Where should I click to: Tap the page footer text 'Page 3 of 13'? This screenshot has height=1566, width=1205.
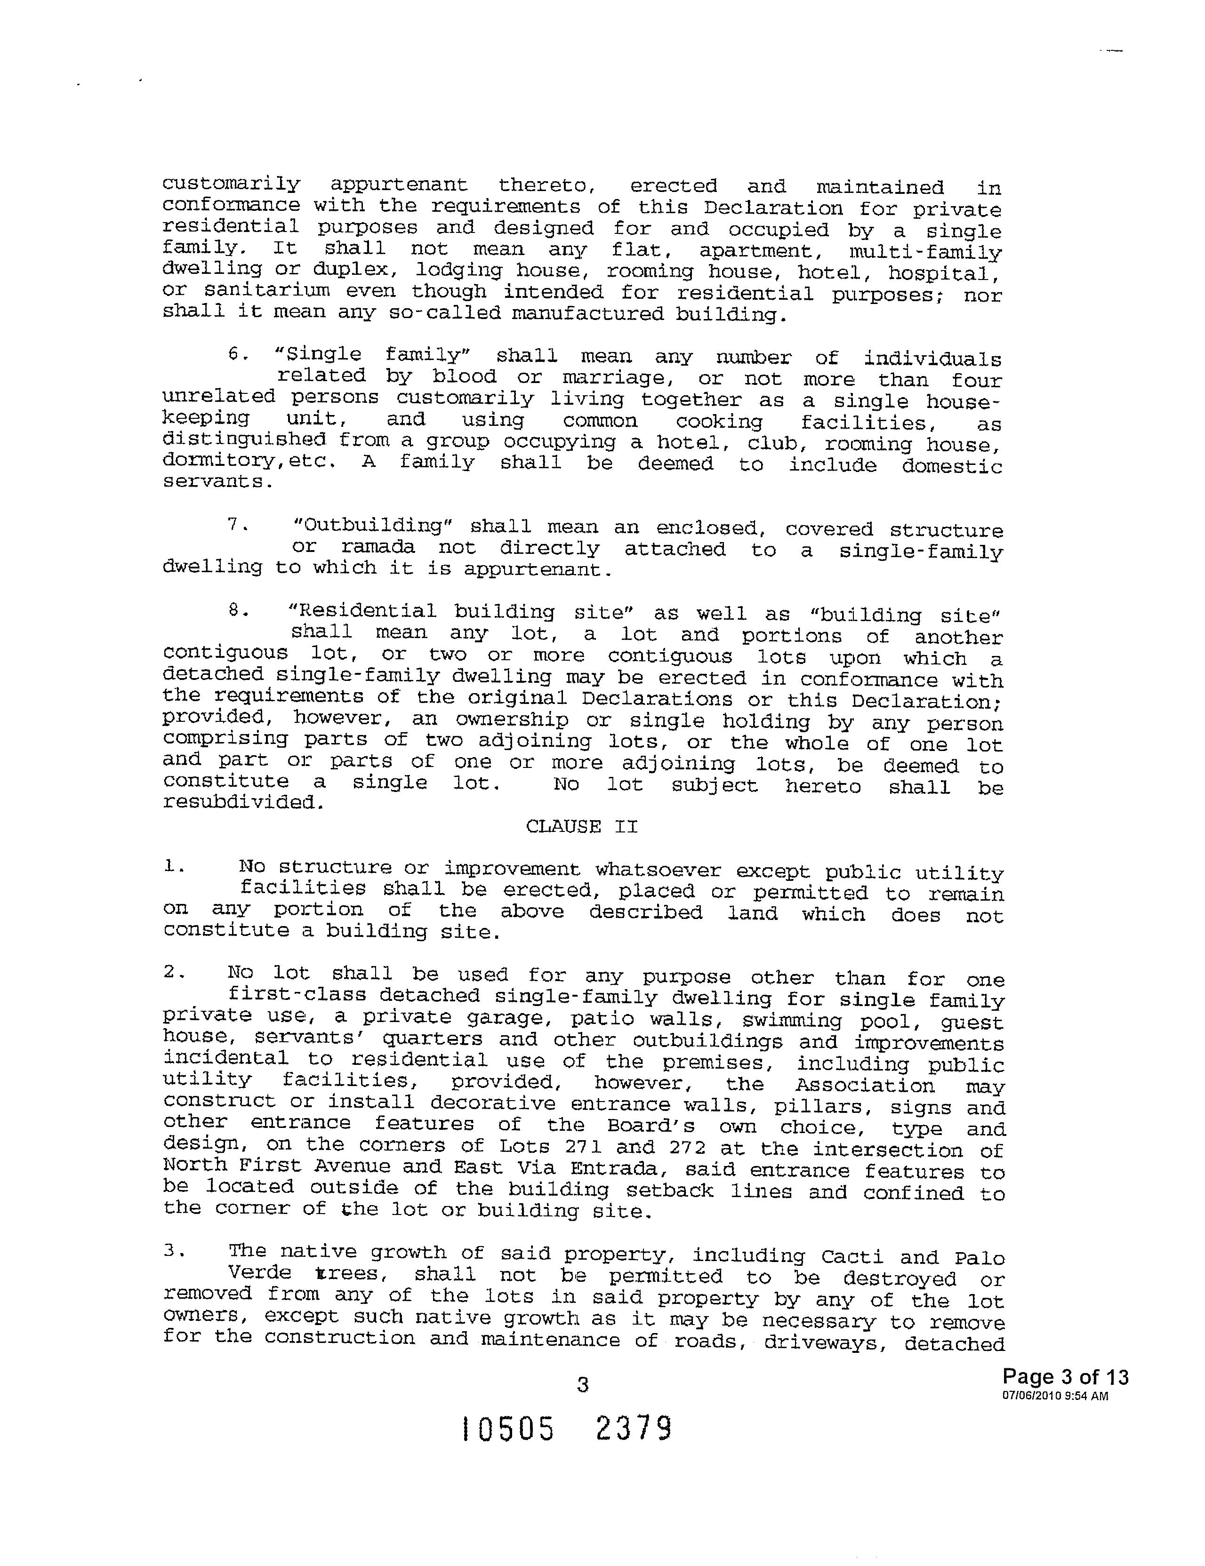[1065, 1377]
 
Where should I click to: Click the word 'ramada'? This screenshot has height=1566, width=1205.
[378, 547]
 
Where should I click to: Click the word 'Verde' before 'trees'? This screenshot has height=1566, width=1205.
[260, 1273]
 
